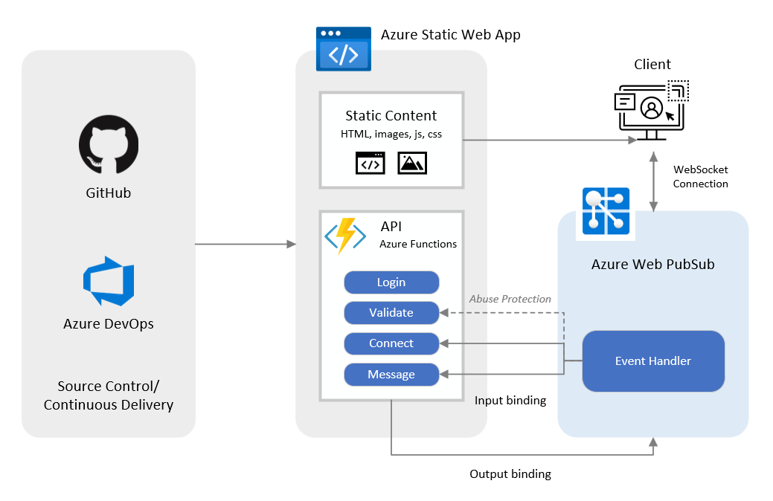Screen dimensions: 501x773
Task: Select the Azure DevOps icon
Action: pos(109,281)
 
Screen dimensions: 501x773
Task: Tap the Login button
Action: pos(391,282)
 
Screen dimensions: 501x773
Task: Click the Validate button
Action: pos(391,313)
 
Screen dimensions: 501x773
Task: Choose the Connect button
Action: pos(391,343)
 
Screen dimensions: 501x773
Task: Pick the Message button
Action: pos(391,375)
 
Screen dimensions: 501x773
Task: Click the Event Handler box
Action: pos(652,361)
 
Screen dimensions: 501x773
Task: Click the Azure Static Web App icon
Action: pos(343,48)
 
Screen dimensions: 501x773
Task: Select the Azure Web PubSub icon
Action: pos(605,213)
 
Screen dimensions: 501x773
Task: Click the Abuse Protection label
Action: pos(510,299)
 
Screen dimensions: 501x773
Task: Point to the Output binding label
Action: pos(510,474)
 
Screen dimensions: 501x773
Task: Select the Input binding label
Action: pos(510,401)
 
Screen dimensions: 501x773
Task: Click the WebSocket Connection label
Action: pos(700,177)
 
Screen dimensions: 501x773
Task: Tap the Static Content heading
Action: pos(391,115)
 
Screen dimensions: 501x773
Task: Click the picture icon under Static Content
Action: pos(412,163)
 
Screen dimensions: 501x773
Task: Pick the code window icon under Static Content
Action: pos(371,163)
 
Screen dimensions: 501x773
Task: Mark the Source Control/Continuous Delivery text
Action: pos(109,395)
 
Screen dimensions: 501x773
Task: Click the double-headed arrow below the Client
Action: pos(653,182)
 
